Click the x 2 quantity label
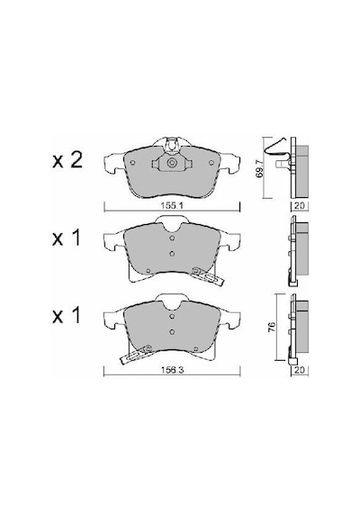pyautogui.click(x=67, y=161)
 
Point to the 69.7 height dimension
pyautogui.click(x=260, y=169)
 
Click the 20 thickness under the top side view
pyautogui.click(x=300, y=206)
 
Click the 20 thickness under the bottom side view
pyautogui.click(x=300, y=370)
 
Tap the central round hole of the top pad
pyautogui.click(x=172, y=163)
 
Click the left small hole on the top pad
pyautogui.click(x=132, y=163)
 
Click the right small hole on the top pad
pyautogui.click(x=211, y=162)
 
